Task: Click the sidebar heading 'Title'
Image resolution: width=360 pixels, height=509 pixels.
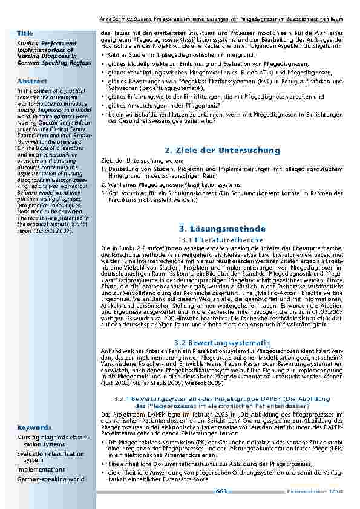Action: point(25,32)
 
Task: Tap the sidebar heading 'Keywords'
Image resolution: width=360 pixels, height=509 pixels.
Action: point(34,427)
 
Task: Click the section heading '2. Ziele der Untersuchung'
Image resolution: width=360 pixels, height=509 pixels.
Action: point(223,150)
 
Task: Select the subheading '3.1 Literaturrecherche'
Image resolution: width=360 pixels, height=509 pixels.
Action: point(223,240)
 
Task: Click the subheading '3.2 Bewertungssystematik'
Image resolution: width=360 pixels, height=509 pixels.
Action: point(223,343)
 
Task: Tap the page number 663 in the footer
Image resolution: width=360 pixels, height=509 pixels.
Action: point(221,491)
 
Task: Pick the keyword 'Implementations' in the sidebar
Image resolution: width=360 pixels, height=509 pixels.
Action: point(41,469)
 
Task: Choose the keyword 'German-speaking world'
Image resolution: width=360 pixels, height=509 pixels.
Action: point(51,479)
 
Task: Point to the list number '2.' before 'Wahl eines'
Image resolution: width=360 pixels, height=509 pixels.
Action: point(103,184)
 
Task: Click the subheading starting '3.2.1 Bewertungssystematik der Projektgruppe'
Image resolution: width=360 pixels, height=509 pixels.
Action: point(223,398)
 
